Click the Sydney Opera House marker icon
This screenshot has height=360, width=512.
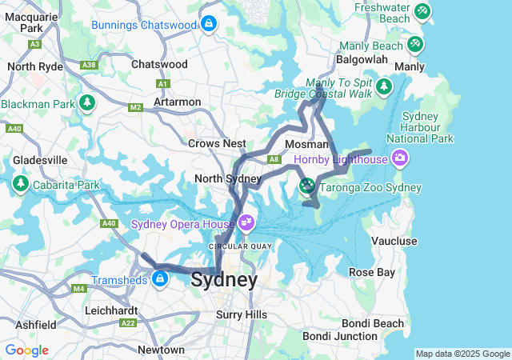(246, 222)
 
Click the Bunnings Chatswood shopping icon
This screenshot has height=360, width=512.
(209, 24)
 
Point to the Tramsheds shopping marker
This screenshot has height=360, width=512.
(160, 278)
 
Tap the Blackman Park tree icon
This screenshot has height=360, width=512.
(86, 103)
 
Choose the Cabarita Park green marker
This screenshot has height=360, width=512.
(20, 185)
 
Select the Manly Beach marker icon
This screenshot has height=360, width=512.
(414, 44)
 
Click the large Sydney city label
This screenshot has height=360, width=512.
(225, 281)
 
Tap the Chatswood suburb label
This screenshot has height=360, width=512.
(159, 64)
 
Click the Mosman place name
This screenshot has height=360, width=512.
(307, 144)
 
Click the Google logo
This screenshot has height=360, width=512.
(26, 350)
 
